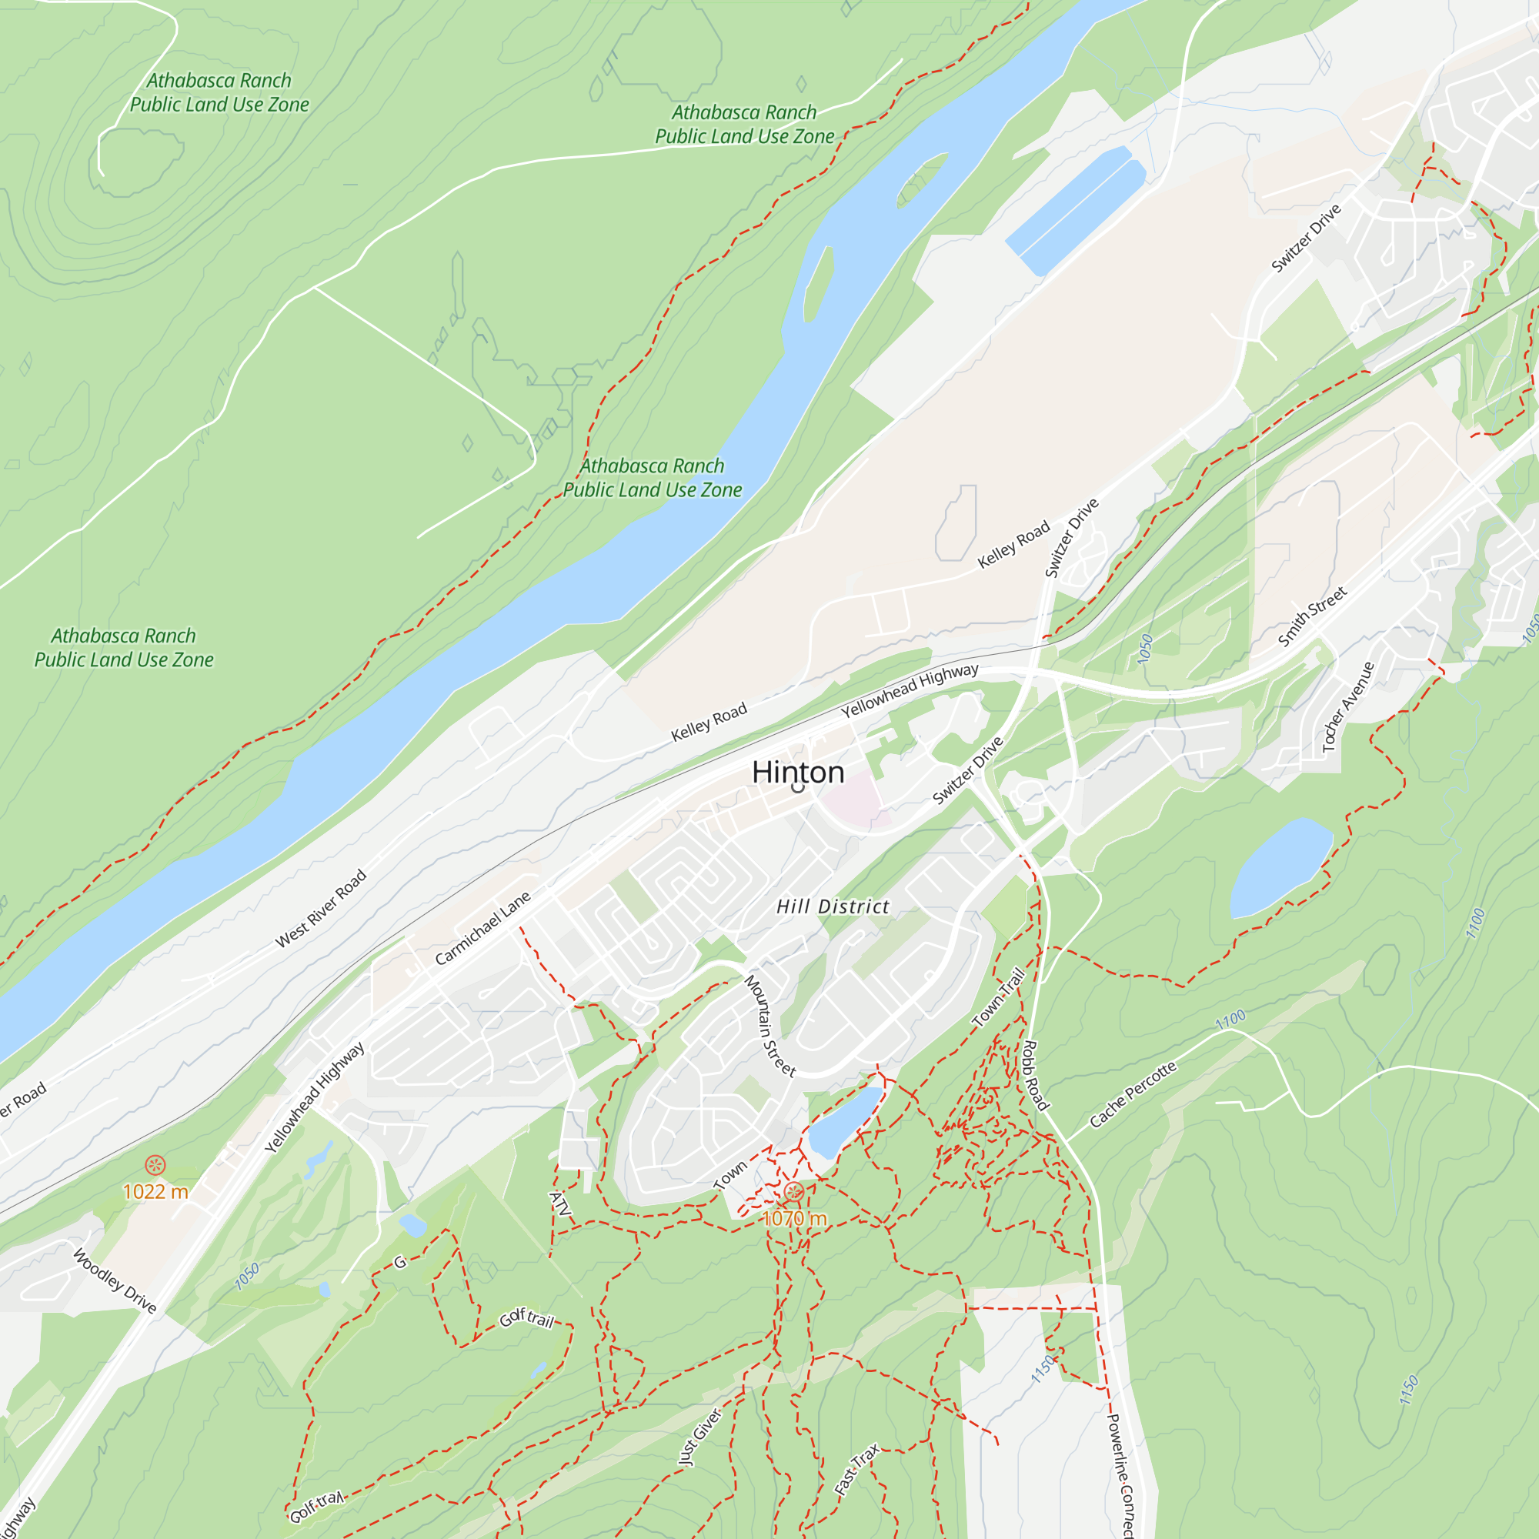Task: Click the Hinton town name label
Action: pos(797,772)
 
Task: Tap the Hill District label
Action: pos(833,906)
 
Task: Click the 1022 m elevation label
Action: pos(155,1192)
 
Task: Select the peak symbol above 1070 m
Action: pos(793,1192)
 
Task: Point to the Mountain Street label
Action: pos(769,1026)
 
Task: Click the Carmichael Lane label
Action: pos(482,929)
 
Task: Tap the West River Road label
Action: pos(320,909)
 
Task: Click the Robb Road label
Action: pos(1035,1076)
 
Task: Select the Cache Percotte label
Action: pos(1132,1094)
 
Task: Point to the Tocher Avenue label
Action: pos(1348,707)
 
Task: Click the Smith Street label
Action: pos(1312,616)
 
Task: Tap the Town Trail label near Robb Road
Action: pos(998,997)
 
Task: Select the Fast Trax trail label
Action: pos(856,1470)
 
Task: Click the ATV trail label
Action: pos(560,1204)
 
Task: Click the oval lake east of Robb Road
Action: pos(1280,866)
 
